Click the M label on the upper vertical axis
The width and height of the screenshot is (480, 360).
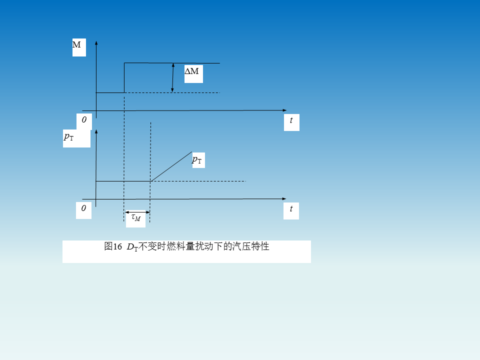(x=77, y=45)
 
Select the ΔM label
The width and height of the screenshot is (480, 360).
(x=192, y=71)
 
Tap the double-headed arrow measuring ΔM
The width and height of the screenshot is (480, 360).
(x=172, y=77)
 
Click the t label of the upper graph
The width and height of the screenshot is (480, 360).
(x=291, y=120)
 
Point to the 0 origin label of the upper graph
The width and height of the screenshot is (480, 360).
(x=84, y=120)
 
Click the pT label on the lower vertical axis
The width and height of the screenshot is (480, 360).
(x=69, y=136)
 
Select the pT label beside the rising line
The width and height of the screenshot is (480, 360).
(x=197, y=160)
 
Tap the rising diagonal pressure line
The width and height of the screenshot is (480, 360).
(x=171, y=166)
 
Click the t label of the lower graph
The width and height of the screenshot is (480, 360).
(x=291, y=209)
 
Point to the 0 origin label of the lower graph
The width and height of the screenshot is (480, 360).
(x=83, y=208)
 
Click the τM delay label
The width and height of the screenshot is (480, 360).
(x=136, y=217)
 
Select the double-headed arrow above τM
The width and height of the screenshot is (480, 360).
(x=137, y=212)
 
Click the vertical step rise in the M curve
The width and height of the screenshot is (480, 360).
(x=124, y=77)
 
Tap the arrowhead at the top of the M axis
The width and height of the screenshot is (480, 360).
(x=95, y=41)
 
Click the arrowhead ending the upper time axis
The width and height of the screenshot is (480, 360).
(x=284, y=110)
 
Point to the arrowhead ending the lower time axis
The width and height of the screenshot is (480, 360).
(x=284, y=198)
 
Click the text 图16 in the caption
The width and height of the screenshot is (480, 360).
(x=113, y=246)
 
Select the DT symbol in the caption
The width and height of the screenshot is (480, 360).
(x=132, y=247)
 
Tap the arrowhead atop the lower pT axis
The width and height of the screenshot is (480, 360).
(x=95, y=131)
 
